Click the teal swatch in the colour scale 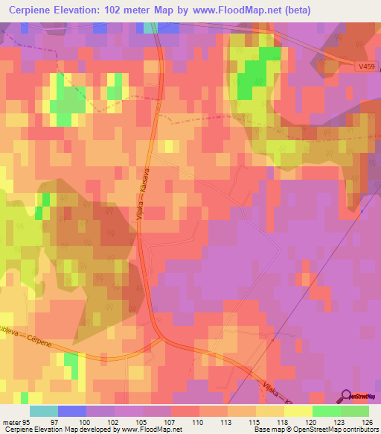point(44,411)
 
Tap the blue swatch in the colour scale point(72,411)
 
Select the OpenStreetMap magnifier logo point(345,395)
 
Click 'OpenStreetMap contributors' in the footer point(336,430)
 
